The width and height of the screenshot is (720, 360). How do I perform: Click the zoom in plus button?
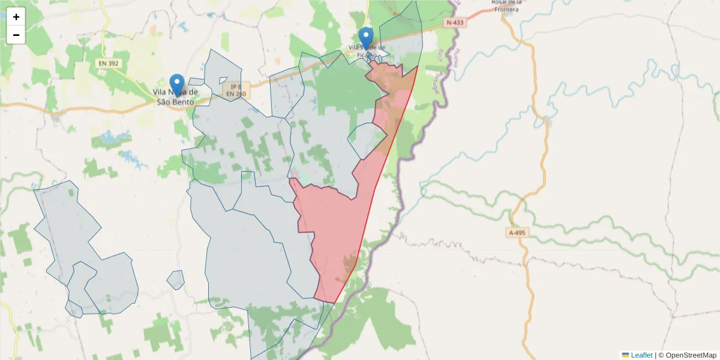point(16,17)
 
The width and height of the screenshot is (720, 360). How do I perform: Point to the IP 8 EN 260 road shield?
point(236,90)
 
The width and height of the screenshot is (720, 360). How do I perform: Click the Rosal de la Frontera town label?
point(507,5)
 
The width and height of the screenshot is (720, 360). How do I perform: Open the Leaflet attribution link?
point(641,355)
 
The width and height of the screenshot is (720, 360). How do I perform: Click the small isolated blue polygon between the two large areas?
point(176,280)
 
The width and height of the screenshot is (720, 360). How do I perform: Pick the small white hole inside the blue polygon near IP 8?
point(223,80)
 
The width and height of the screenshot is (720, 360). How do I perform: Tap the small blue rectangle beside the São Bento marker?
point(196,82)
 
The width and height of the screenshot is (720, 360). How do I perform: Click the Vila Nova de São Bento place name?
point(175,97)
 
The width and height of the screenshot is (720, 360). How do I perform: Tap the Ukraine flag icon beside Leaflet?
point(626,355)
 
